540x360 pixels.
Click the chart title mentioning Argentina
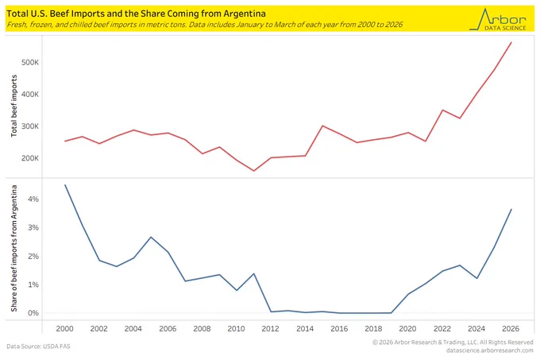pyautogui.click(x=136, y=14)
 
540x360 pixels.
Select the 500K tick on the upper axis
pyautogui.click(x=30, y=62)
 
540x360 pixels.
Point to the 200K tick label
pyautogui.click(x=30, y=158)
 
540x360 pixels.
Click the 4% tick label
pyautogui.click(x=33, y=199)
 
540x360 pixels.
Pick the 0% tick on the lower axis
pyautogui.click(x=33, y=313)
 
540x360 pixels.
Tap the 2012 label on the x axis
pyautogui.click(x=270, y=329)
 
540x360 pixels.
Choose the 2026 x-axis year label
pyautogui.click(x=511, y=329)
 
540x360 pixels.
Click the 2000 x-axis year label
pyautogui.click(x=65, y=329)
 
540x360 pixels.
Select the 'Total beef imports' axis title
pyautogui.click(x=13, y=106)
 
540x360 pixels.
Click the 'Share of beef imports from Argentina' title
pyautogui.click(x=13, y=249)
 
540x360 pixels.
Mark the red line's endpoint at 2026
pyautogui.click(x=511, y=42)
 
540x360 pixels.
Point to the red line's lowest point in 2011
pyautogui.click(x=254, y=171)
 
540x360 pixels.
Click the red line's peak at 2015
pyautogui.click(x=322, y=126)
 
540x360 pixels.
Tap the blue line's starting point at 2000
pyautogui.click(x=65, y=185)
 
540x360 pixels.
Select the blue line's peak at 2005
pyautogui.click(x=151, y=237)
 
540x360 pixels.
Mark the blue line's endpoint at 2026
pyautogui.click(x=511, y=209)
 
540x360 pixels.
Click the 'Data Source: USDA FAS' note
pyautogui.click(x=38, y=346)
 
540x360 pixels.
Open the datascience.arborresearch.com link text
pyautogui.click(x=490, y=350)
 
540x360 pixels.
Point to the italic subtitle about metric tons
pyautogui.click(x=205, y=25)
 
